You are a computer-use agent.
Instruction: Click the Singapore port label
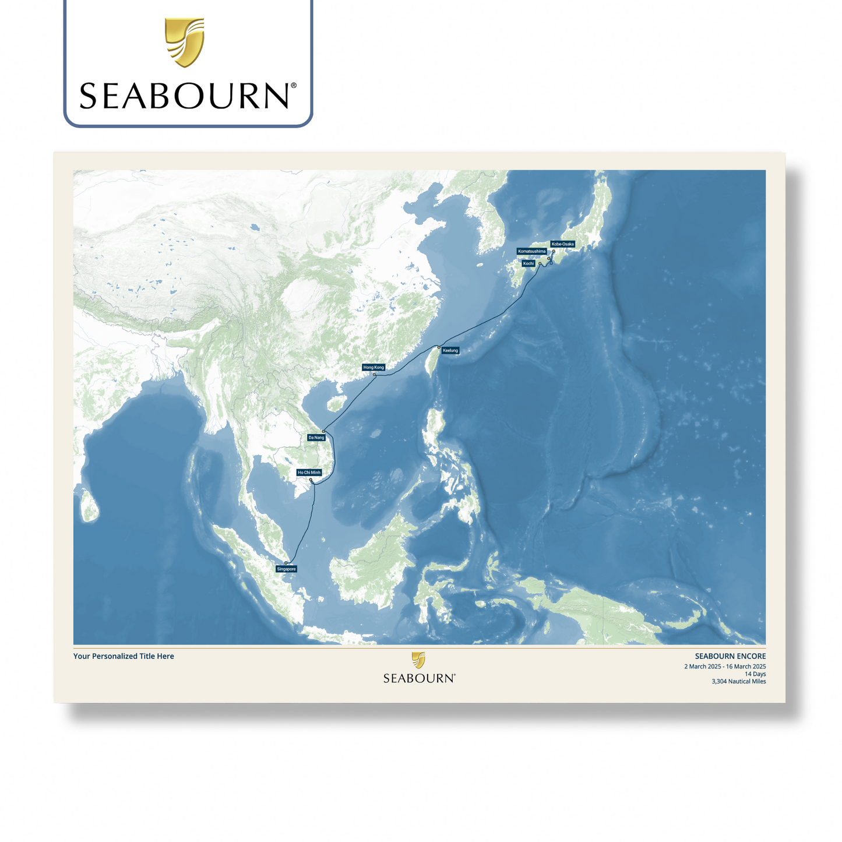(286, 569)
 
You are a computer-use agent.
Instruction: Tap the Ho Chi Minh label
(309, 473)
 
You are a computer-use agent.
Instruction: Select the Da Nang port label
(316, 438)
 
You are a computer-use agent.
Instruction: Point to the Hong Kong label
(374, 368)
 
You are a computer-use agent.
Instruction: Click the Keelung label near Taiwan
(450, 351)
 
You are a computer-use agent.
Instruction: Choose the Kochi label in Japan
(528, 263)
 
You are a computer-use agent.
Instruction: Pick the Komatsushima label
(531, 252)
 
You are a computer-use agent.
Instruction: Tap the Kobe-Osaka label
(562, 244)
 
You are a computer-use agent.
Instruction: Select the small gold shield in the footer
(418, 660)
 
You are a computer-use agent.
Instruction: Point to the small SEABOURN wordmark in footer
(419, 678)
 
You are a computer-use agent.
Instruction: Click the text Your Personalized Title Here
(124, 656)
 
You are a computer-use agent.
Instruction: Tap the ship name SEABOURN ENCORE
(730, 656)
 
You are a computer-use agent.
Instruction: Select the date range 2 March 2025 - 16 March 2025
(725, 667)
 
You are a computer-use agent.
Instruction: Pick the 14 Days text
(755, 674)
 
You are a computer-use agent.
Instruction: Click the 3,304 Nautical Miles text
(738, 682)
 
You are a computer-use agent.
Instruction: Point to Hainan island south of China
(335, 404)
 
